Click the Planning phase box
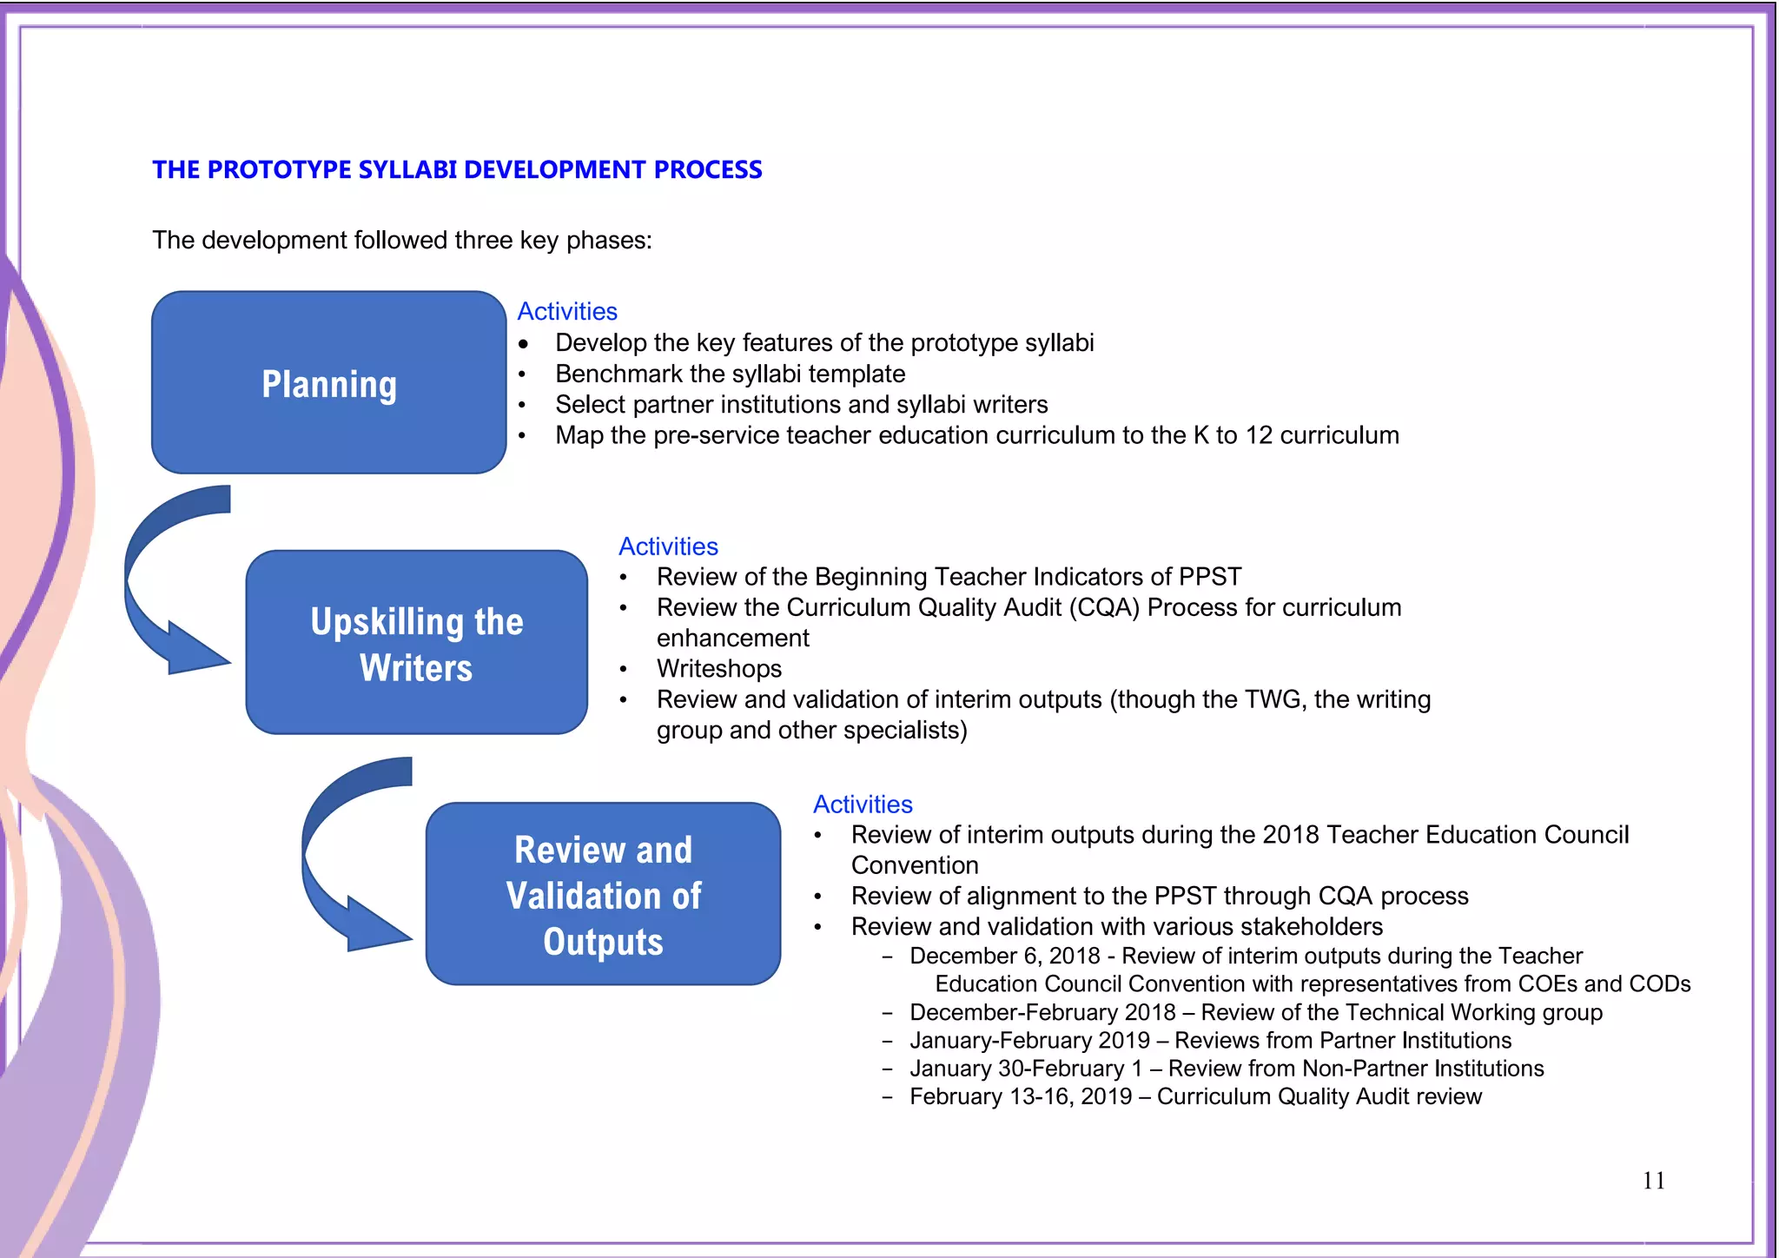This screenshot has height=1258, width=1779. [x=328, y=383]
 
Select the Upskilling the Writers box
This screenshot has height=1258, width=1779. [x=416, y=643]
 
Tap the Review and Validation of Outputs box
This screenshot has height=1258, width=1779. [x=603, y=895]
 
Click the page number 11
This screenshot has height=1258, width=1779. [x=1653, y=1181]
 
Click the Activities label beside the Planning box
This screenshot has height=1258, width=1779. [x=567, y=311]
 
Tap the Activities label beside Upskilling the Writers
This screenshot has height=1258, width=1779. [x=668, y=546]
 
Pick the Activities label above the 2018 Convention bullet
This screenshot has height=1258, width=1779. [x=863, y=804]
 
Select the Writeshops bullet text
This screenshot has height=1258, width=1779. [x=719, y=669]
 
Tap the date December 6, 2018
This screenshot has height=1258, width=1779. [x=1005, y=956]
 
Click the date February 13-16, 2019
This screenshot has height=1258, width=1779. [x=1021, y=1096]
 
